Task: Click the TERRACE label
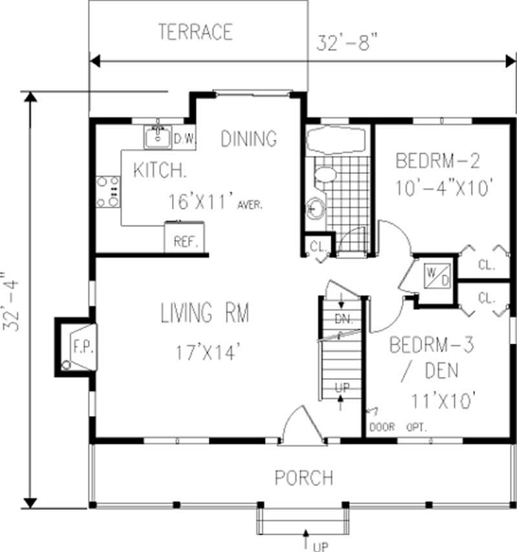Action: click(195, 31)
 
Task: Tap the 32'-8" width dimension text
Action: click(347, 42)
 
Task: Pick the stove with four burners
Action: click(108, 192)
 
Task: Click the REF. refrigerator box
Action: click(185, 242)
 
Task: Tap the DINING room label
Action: click(249, 138)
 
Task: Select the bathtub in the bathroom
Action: click(335, 140)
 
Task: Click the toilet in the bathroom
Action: click(324, 174)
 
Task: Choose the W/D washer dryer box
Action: click(432, 274)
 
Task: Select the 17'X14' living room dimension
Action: click(208, 353)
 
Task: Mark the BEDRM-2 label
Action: click(438, 159)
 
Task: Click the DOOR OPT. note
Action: click(397, 426)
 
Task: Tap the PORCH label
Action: click(304, 478)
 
